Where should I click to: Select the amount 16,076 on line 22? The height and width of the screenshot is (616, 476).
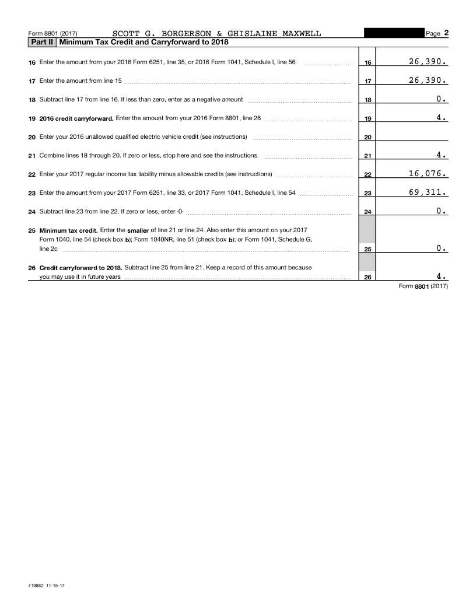[x=428, y=173]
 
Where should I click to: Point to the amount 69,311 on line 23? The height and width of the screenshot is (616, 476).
[x=428, y=192]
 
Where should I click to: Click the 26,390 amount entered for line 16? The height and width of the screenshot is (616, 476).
[x=428, y=61]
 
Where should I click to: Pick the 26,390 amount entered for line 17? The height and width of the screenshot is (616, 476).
[x=428, y=80]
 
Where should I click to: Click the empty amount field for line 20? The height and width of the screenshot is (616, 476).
[x=412, y=136]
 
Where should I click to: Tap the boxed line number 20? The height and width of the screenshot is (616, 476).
[x=367, y=138]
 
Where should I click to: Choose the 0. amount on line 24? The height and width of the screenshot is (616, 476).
[x=442, y=211]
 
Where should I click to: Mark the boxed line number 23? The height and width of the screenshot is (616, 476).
[x=367, y=194]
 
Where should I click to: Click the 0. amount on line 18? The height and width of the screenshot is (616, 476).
[x=442, y=99]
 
